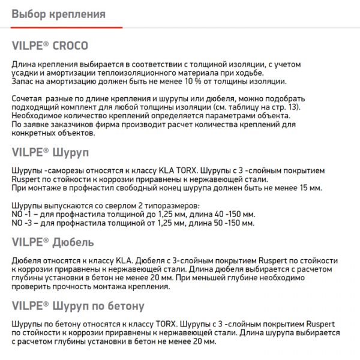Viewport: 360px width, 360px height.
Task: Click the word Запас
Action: coord(24,81)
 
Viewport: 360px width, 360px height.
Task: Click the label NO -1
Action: coord(23,214)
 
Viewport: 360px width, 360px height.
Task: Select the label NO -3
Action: coord(23,223)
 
